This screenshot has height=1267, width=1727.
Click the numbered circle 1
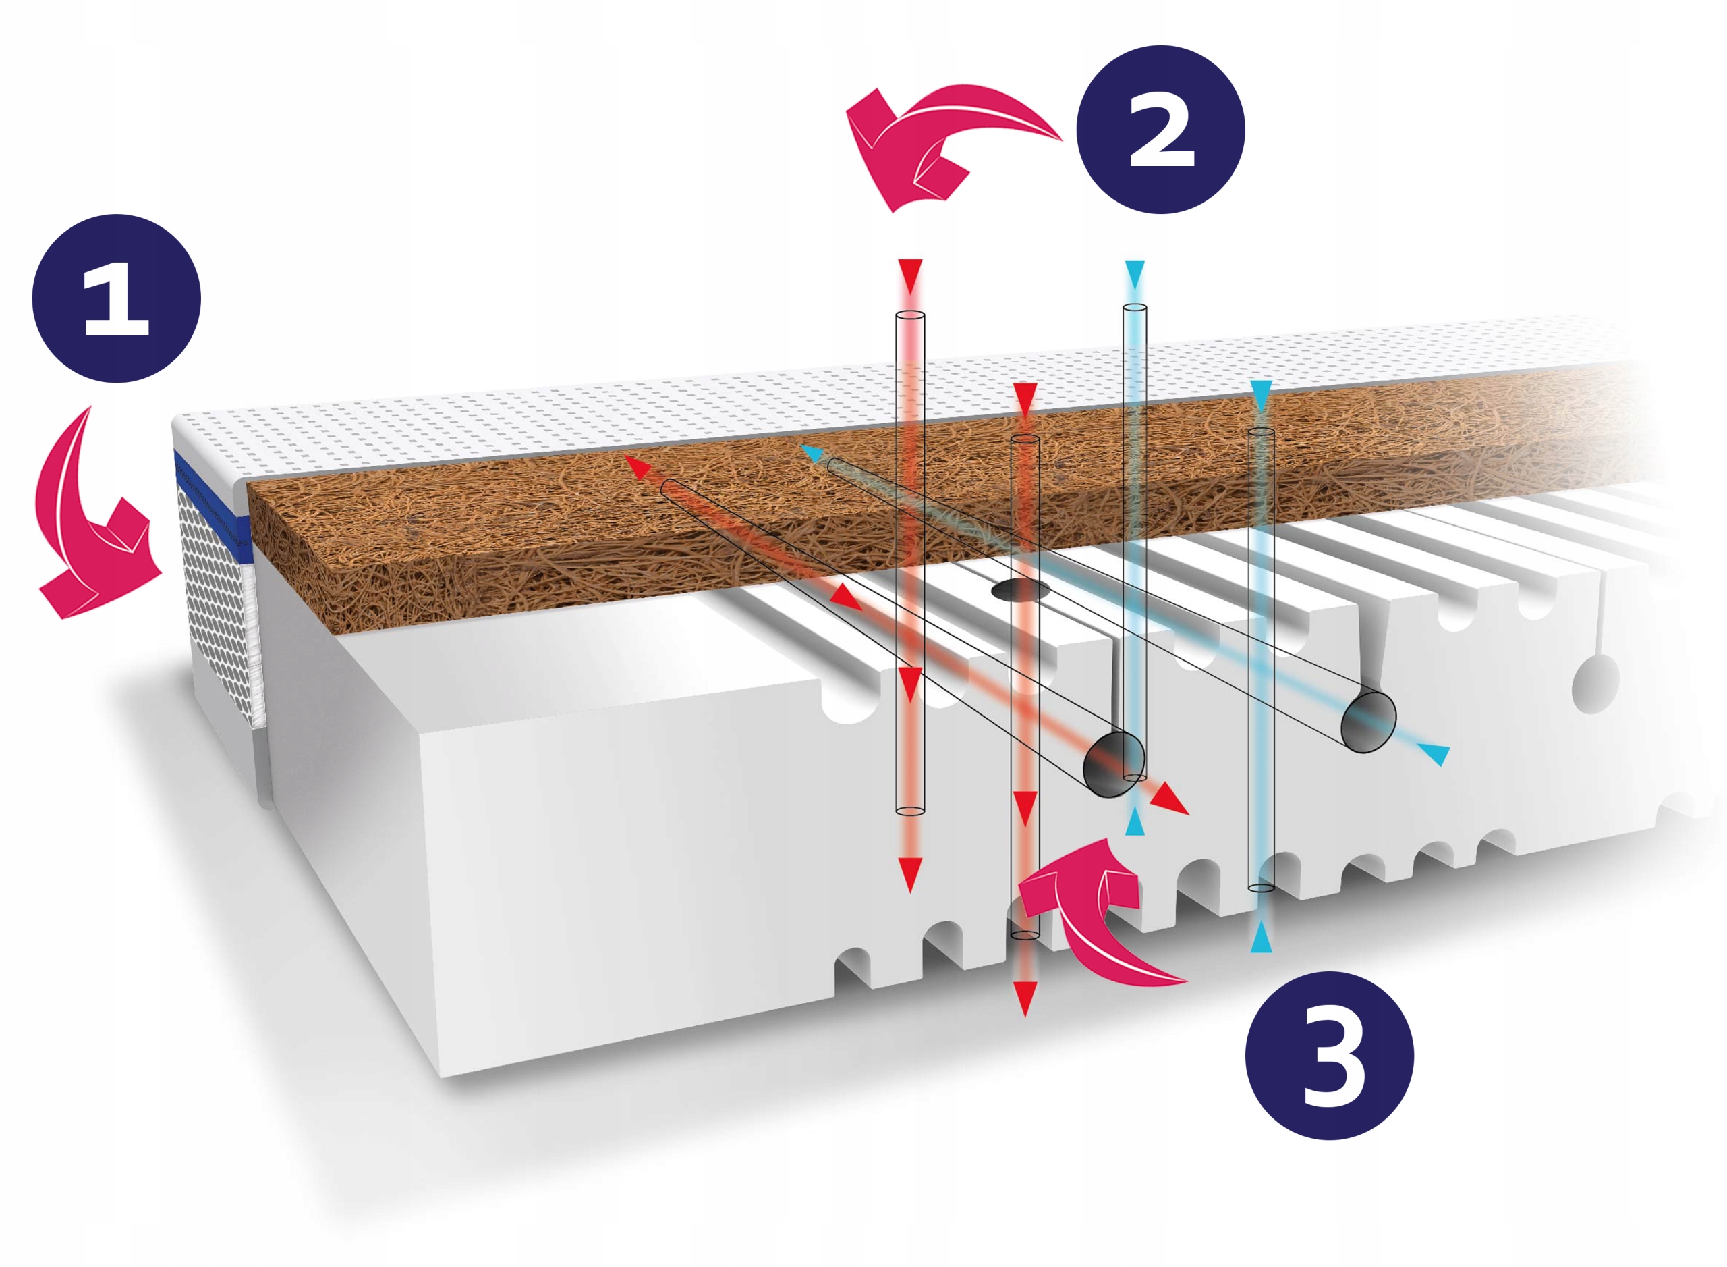pyautogui.click(x=116, y=298)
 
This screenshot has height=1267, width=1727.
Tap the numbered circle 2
pyautogui.click(x=1160, y=129)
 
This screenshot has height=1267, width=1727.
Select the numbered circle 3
pyautogui.click(x=1330, y=1056)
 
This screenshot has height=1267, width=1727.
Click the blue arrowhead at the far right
pyautogui.click(x=1435, y=753)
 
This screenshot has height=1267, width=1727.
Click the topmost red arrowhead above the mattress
pyautogui.click(x=910, y=275)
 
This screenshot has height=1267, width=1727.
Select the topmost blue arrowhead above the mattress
pyautogui.click(x=1135, y=274)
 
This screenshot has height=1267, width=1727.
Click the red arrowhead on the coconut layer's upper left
pyautogui.click(x=637, y=466)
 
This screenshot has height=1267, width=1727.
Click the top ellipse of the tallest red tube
pyautogui.click(x=910, y=315)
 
